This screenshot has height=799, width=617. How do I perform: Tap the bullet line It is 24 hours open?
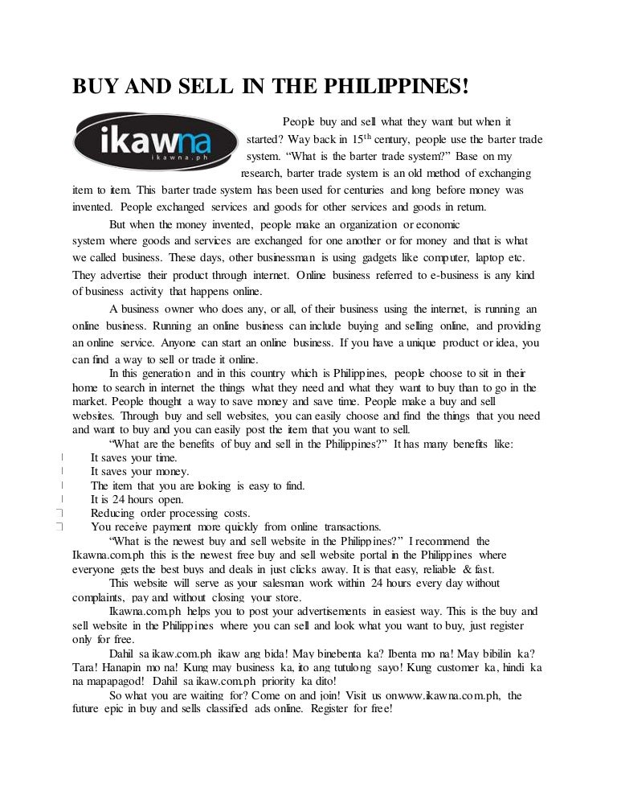pyautogui.click(x=137, y=499)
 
